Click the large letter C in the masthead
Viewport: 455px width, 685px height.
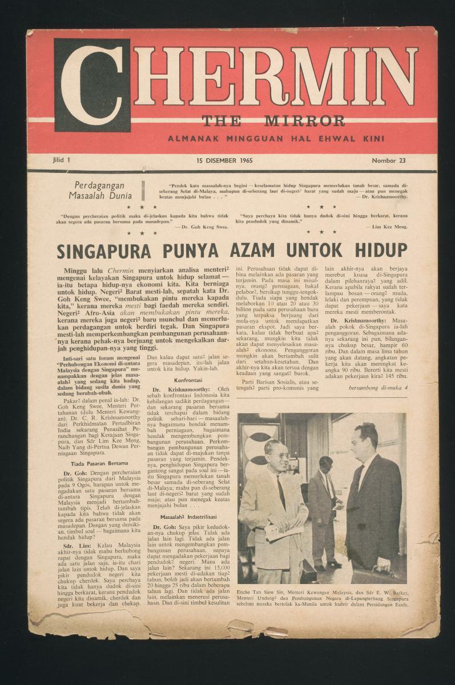coord(92,84)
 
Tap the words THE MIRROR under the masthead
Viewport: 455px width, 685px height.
coord(273,121)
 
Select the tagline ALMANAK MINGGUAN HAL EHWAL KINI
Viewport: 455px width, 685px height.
coord(276,138)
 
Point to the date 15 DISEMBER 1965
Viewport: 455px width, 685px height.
coord(224,160)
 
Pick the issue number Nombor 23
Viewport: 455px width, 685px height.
coord(388,160)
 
